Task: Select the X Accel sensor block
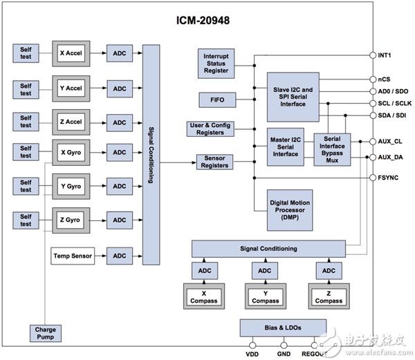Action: [x=72, y=53]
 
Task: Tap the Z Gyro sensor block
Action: [x=72, y=220]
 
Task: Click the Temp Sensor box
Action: [x=73, y=256]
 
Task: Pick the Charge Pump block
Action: [x=46, y=333]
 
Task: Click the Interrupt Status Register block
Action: [x=216, y=64]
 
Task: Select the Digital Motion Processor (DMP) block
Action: [x=294, y=210]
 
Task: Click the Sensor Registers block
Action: [x=216, y=162]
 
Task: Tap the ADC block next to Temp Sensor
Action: [x=120, y=256]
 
